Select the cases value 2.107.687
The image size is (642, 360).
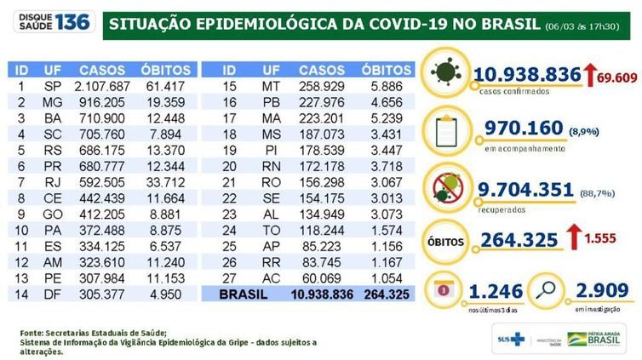[x=105, y=86]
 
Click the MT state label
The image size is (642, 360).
[x=271, y=86]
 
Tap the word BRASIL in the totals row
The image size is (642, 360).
[x=244, y=294]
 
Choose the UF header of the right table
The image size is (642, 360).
[x=271, y=68]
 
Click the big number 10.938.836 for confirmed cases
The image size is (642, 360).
[x=528, y=77]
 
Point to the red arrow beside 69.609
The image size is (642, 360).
[x=590, y=77]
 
